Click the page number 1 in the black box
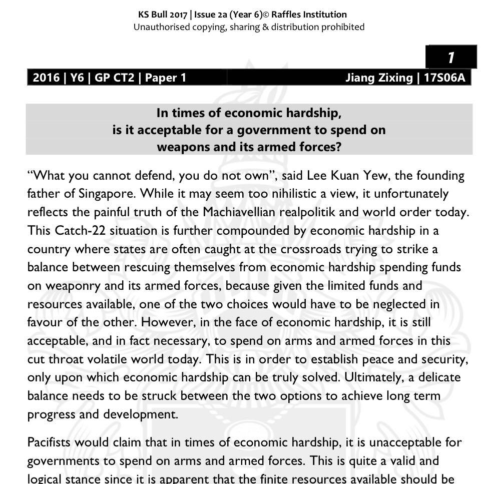click(451, 58)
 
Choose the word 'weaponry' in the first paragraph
click(71, 286)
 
